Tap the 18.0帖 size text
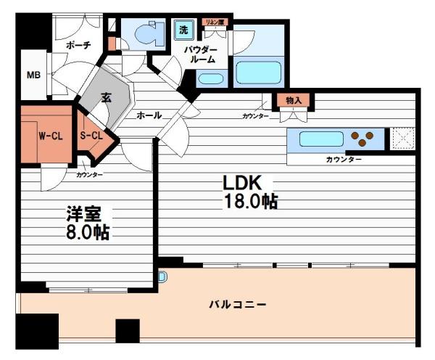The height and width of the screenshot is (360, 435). (249, 202)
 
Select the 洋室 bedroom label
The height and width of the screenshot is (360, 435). (83, 214)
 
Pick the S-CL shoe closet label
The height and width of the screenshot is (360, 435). (91, 136)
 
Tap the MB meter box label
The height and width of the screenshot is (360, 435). (33, 75)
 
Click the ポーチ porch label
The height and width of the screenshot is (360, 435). (78, 45)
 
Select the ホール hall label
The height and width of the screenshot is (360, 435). (149, 115)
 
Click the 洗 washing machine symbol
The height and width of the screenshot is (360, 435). (183, 30)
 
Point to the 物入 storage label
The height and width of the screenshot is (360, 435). (293, 99)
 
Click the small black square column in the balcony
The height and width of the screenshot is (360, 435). (127, 331)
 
